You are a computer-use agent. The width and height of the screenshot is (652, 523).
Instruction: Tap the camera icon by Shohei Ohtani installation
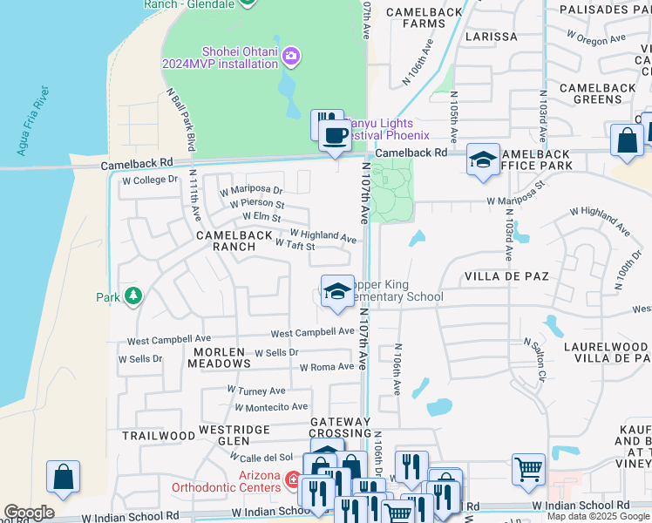pyautogui.click(x=290, y=57)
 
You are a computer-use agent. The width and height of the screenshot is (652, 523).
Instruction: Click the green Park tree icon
pyautogui.click(x=132, y=297)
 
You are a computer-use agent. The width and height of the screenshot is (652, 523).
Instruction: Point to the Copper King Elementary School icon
pyautogui.click(x=336, y=292)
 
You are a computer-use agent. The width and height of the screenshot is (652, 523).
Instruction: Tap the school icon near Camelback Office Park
pyautogui.click(x=482, y=160)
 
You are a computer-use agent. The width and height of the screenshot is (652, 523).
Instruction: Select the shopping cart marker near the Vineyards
pyautogui.click(x=528, y=469)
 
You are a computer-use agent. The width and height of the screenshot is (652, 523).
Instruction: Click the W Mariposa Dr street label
pyautogui.click(x=251, y=189)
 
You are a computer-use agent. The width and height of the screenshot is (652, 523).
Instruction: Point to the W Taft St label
pyautogui.click(x=295, y=247)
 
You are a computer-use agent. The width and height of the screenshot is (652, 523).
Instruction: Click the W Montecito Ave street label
pyautogui.click(x=271, y=407)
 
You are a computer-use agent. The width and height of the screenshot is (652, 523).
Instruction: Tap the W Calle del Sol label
pyautogui.click(x=261, y=458)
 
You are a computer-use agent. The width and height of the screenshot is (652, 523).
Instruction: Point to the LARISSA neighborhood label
pyautogui.click(x=492, y=37)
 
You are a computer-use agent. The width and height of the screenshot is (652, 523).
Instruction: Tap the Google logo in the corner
pyautogui.click(x=30, y=513)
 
